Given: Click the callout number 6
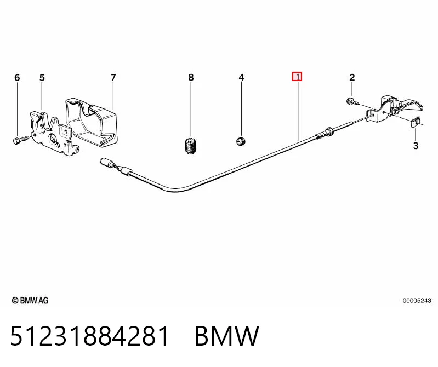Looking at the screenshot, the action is [18, 78].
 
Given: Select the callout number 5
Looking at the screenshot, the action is [42, 78].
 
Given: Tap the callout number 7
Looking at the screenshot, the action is [113, 78].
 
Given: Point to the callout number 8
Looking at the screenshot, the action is [191, 78].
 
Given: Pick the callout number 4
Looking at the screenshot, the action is [242, 78].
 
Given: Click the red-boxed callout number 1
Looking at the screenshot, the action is [297, 77].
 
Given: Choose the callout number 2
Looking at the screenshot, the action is [352, 78].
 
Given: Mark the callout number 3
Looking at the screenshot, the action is [416, 146].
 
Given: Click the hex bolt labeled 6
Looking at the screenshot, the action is [21, 140].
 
